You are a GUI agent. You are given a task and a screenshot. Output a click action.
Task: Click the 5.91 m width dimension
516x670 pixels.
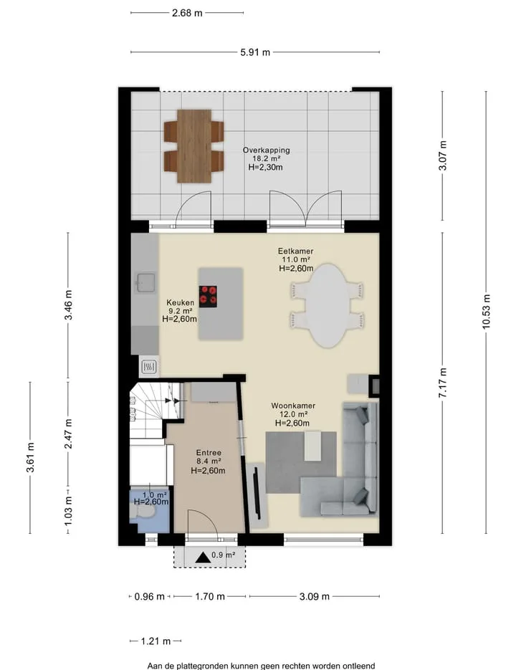pos(255,52)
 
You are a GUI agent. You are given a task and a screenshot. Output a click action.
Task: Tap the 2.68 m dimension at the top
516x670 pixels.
pos(187,13)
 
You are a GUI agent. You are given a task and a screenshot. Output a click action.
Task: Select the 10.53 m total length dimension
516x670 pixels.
pos(487,312)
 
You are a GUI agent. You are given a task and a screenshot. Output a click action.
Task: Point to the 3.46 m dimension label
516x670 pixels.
pos(68,305)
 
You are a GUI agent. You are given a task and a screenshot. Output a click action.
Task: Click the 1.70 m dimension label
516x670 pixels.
pos(210,596)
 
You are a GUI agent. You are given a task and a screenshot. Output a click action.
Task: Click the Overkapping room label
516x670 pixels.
pos(267,150)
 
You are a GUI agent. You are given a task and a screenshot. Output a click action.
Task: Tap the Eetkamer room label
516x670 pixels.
pos(295,251)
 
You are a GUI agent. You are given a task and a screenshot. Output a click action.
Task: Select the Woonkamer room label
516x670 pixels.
pos(293,406)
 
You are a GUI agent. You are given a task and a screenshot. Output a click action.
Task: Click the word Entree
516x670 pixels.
pos(209,452)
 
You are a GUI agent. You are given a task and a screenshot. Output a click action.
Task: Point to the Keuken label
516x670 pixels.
pos(180,302)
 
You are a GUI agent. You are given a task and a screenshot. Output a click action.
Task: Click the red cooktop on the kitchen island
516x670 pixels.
pos(208,296)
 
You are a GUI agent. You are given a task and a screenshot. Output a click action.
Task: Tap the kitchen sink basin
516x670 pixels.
pos(145,282)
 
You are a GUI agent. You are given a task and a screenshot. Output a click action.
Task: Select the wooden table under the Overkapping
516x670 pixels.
pos(194,146)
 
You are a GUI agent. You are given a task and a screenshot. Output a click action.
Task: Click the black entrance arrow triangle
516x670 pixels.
pos(203,557)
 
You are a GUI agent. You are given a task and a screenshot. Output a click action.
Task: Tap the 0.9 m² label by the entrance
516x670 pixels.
pos(224,555)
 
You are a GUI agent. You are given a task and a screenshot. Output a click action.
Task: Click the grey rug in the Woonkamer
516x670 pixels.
pos(300,462)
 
